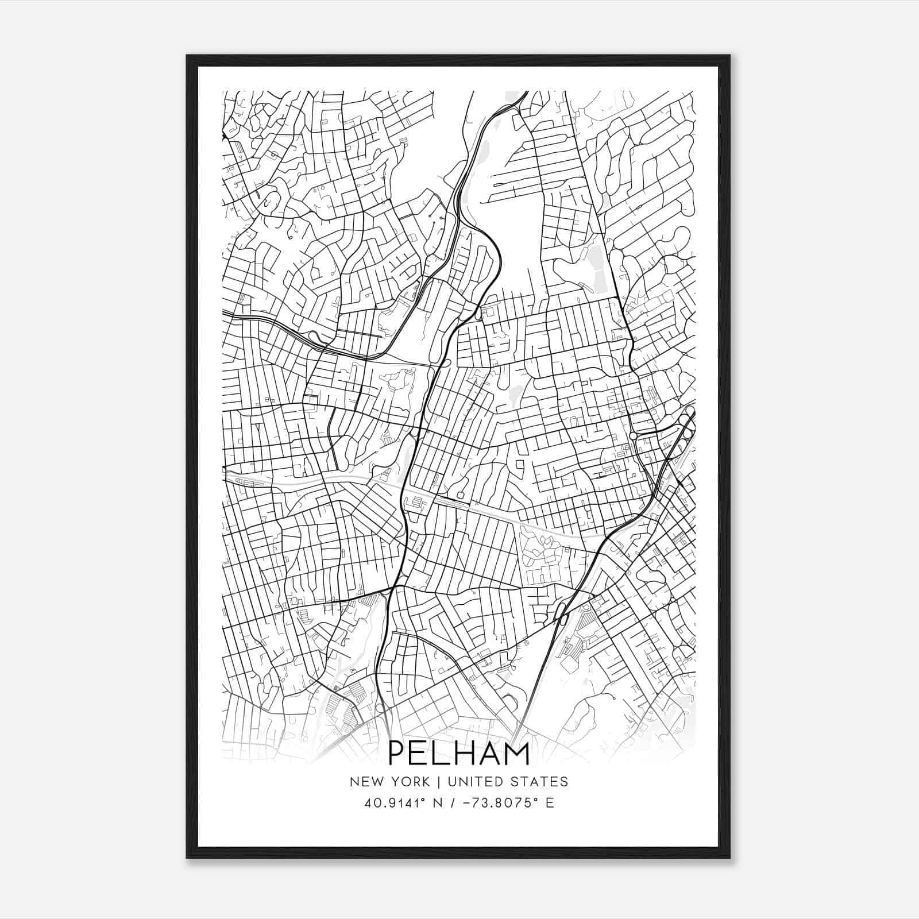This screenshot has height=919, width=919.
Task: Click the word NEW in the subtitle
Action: point(362,782)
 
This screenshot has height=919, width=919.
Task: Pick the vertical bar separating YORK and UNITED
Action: point(438,782)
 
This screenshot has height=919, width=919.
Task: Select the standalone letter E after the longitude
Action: point(550,803)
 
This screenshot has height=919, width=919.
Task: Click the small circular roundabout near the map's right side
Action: point(633,436)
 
